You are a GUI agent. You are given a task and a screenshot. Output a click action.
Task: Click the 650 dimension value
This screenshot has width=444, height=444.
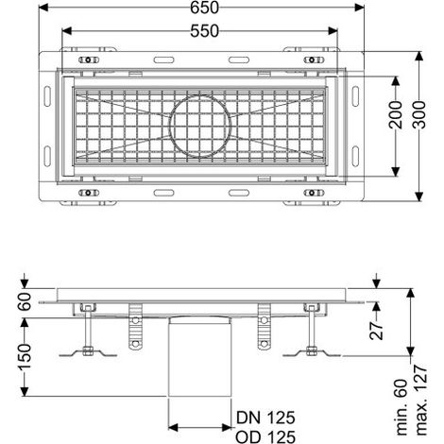point(204,8)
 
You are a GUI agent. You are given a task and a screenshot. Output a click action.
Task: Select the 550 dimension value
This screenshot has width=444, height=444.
point(204,31)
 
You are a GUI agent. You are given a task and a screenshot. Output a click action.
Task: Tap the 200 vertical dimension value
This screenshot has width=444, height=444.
point(396,114)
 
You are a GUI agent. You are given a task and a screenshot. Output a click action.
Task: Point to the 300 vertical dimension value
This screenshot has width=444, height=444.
point(418,114)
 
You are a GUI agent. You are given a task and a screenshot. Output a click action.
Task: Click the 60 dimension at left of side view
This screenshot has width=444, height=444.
point(25,301)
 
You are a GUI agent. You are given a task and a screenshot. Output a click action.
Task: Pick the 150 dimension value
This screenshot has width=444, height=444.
point(25,356)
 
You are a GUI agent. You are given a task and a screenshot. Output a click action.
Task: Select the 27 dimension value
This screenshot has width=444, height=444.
point(377,331)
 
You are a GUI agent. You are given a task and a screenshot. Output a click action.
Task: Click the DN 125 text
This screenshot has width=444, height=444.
point(265,418)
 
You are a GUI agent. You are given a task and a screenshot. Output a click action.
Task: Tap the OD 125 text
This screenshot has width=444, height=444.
point(265,436)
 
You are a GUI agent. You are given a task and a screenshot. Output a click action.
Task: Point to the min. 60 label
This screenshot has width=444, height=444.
point(402,407)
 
